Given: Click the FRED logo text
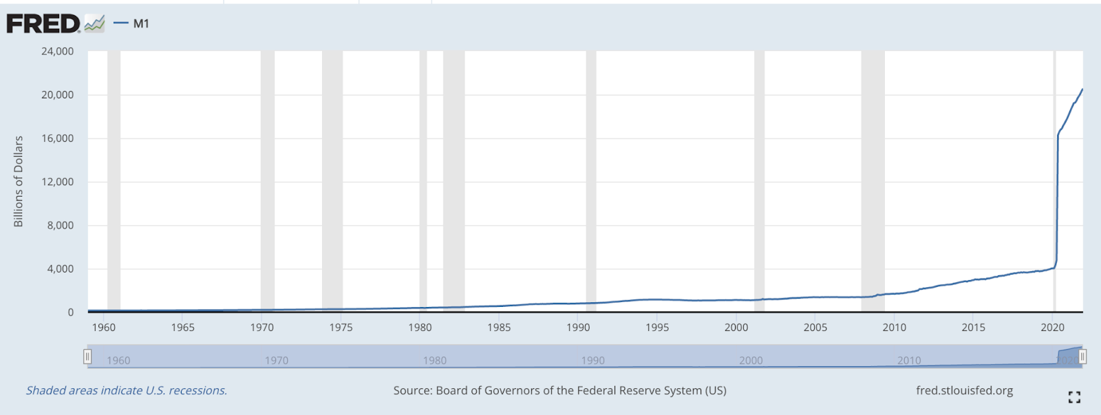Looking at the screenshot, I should pyautogui.click(x=43, y=24).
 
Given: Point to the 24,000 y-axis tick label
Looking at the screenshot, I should pyautogui.click(x=57, y=52).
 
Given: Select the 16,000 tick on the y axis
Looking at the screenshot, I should pyautogui.click(x=57, y=138).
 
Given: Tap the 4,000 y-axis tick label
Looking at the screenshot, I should pyautogui.click(x=60, y=269).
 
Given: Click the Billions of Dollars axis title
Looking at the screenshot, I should pyautogui.click(x=19, y=181).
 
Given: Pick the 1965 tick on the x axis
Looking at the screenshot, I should pyautogui.click(x=182, y=328).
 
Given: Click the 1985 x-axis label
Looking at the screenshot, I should pyautogui.click(x=499, y=328).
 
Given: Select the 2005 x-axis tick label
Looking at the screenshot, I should pyautogui.click(x=815, y=328).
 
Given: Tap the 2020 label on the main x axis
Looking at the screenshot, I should pyautogui.click(x=1052, y=328).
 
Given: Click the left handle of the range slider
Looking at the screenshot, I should pyautogui.click(x=87, y=357).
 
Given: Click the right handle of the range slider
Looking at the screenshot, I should pyautogui.click(x=1082, y=357).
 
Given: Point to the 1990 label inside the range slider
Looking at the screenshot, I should pyautogui.click(x=592, y=361).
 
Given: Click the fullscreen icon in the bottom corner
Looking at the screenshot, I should pyautogui.click(x=1074, y=397).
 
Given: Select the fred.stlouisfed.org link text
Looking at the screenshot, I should pyautogui.click(x=964, y=391).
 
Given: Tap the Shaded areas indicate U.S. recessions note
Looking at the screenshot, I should pyautogui.click(x=127, y=391).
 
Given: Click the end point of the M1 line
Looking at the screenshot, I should pyautogui.click(x=1082, y=89).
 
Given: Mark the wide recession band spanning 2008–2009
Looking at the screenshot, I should pyautogui.click(x=873, y=179).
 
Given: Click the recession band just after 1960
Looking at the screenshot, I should pyautogui.click(x=114, y=179).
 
